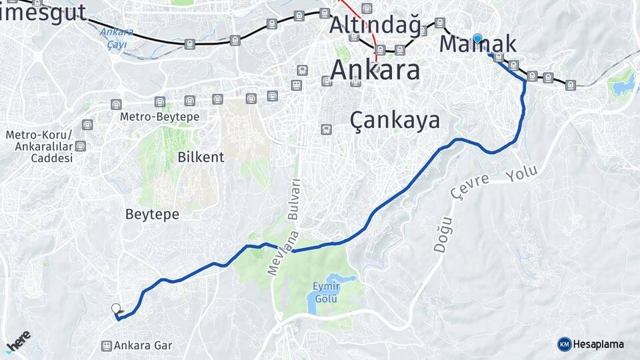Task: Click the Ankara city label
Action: tap(375, 69)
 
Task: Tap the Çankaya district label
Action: tap(395, 120)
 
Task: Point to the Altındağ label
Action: tap(375, 25)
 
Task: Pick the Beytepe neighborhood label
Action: tap(152, 214)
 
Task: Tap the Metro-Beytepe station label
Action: tap(159, 117)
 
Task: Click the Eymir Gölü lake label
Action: tap(325, 292)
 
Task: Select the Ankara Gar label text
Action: tap(143, 345)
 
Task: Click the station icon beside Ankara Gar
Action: tap(106, 345)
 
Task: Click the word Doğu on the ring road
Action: tap(442, 234)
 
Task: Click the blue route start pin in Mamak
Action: tap(477, 38)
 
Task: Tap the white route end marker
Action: tap(116, 308)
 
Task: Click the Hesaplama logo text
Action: tap(598, 344)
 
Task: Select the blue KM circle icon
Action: tap(564, 344)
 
